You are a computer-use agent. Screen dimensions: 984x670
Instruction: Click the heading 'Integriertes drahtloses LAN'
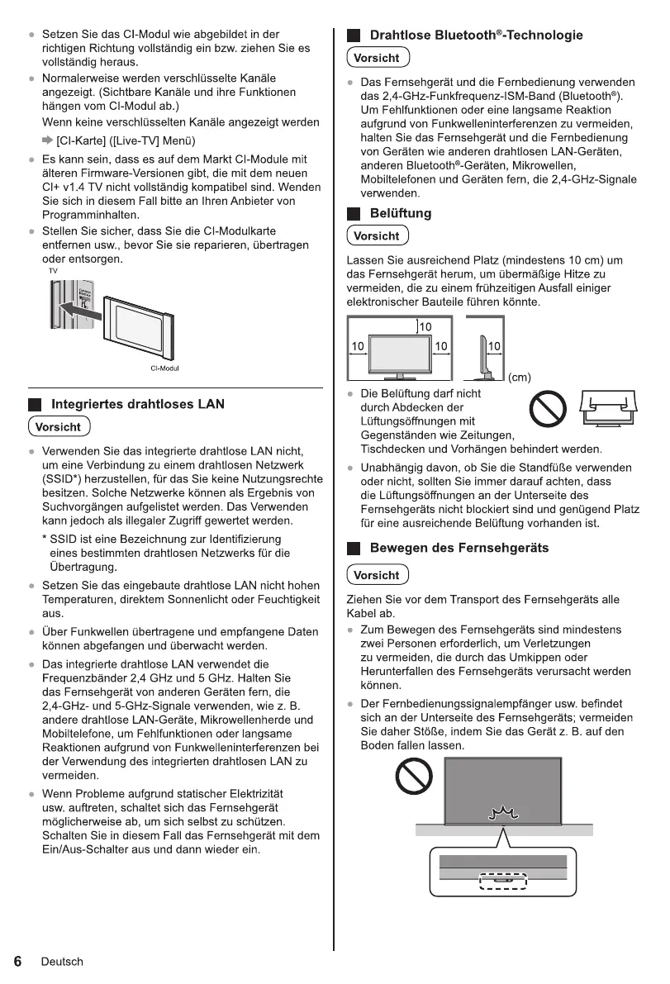138,404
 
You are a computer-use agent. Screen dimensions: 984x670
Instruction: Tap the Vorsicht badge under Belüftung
376,236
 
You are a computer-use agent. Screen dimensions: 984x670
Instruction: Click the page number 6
17,961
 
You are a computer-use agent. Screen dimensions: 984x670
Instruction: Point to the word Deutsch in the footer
62,962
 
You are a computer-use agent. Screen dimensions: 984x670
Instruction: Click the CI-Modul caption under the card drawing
164,368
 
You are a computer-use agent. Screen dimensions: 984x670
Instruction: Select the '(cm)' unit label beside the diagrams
519,378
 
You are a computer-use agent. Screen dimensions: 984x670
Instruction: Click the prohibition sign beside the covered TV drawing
547,408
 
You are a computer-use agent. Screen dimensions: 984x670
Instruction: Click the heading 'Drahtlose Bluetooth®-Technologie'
476,36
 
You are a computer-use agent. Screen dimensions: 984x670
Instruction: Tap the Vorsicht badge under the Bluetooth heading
376,59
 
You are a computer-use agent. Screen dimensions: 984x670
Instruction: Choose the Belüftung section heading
400,213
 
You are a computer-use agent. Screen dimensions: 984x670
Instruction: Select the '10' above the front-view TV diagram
425,327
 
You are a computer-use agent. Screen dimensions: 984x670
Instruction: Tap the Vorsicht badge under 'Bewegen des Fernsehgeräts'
376,575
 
